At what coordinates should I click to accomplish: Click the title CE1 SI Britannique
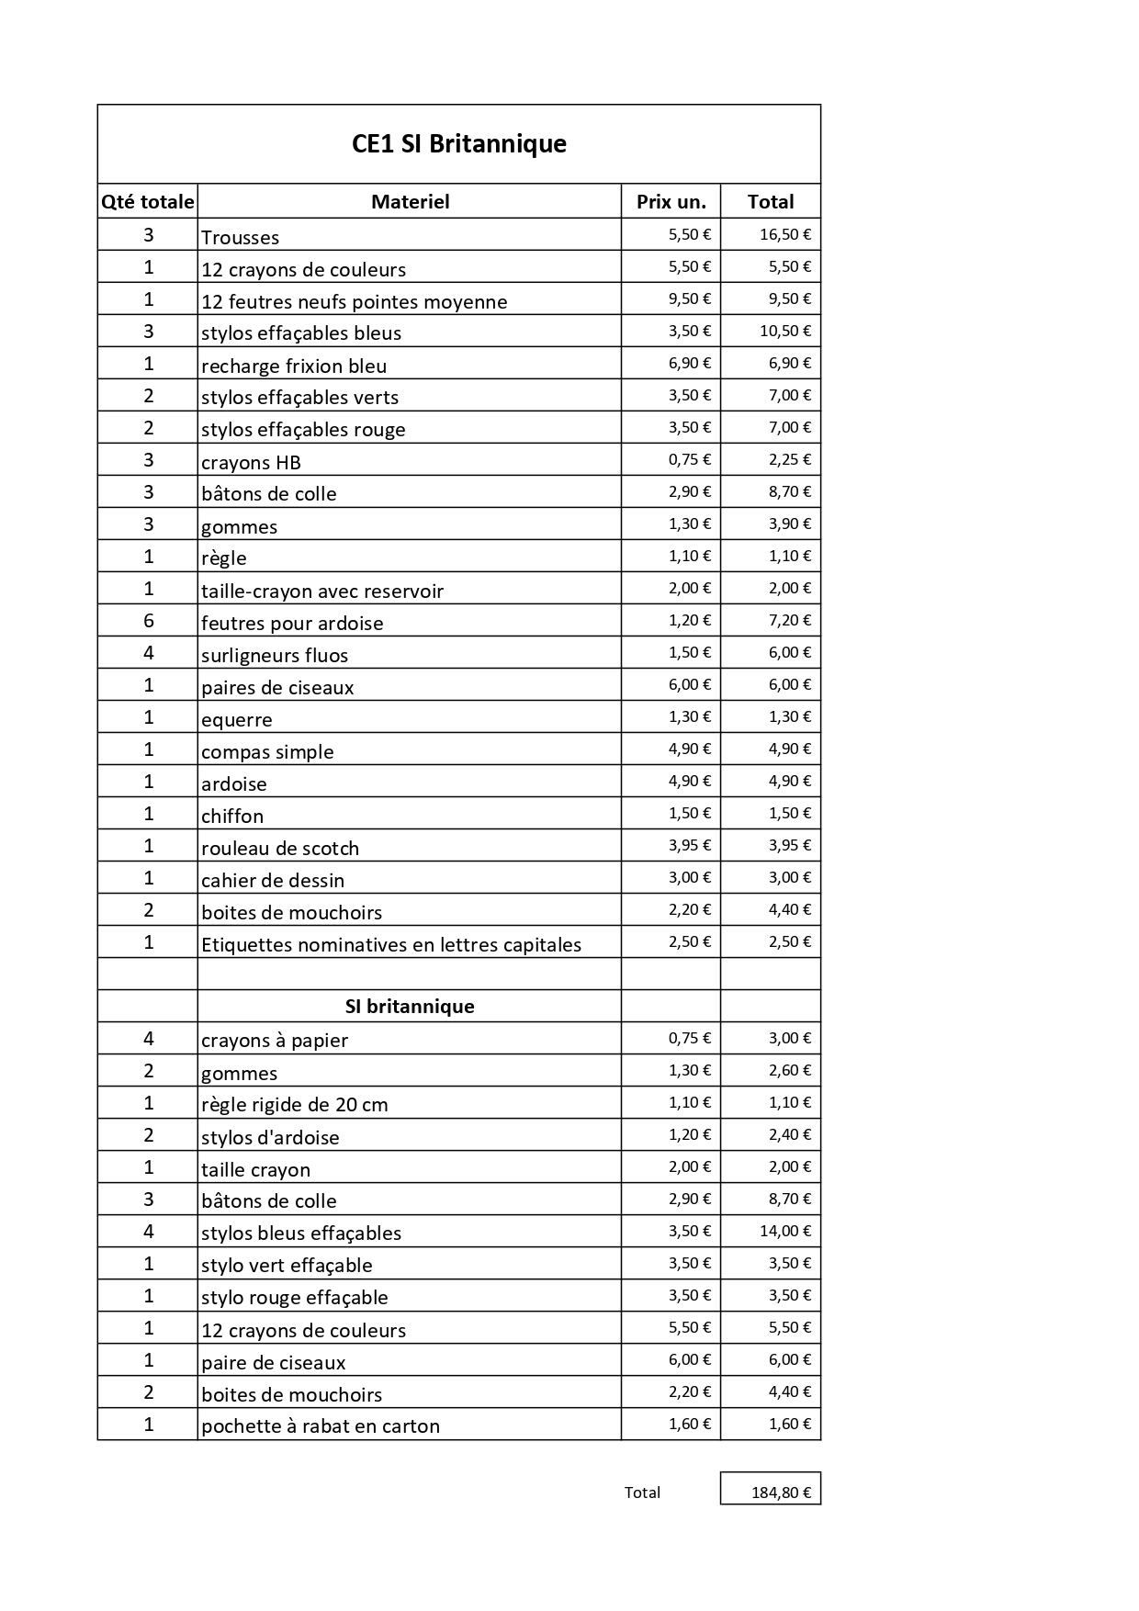[x=458, y=144]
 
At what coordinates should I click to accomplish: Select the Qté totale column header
[x=147, y=202]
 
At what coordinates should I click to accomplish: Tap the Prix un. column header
[x=671, y=202]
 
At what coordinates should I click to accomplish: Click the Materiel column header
[x=410, y=202]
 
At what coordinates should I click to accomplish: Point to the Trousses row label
[x=240, y=238]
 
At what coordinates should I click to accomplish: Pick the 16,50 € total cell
[x=784, y=234]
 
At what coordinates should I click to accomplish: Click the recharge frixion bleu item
[x=294, y=366]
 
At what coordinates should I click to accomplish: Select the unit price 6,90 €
[x=689, y=363]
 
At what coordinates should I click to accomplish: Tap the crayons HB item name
[x=251, y=463]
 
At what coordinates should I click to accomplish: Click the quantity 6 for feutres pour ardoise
[x=149, y=621]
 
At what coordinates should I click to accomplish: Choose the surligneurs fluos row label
[x=275, y=656]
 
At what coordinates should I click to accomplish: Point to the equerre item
[x=237, y=720]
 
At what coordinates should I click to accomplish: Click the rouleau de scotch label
[x=280, y=849]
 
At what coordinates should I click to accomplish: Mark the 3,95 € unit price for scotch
[x=689, y=845]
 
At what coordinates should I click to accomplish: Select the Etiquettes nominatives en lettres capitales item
[x=391, y=945]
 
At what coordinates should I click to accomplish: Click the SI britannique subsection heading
[x=410, y=1007]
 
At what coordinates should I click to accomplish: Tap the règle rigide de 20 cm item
[x=295, y=1105]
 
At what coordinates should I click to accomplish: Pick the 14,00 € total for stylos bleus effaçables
[x=784, y=1231]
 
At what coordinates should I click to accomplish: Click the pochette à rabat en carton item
[x=321, y=1426]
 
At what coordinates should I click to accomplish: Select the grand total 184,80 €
[x=781, y=1493]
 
